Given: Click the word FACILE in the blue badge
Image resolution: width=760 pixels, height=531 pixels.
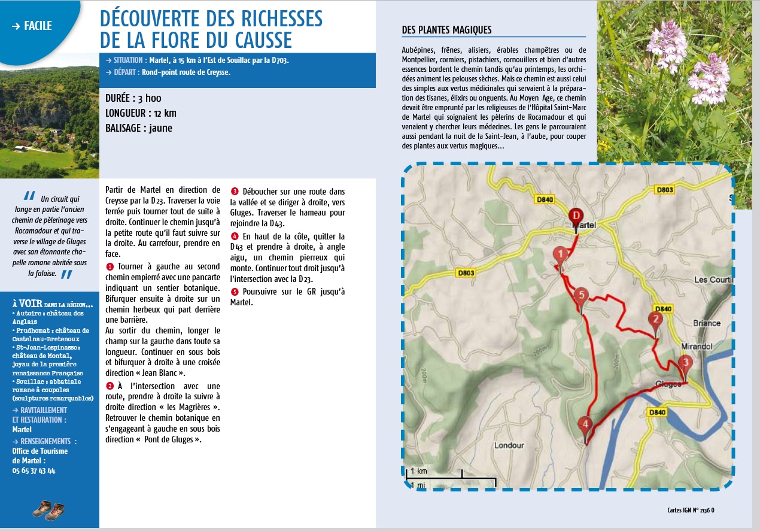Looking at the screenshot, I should click(39, 26).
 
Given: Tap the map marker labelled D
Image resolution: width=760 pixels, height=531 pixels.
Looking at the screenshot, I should click(576, 216).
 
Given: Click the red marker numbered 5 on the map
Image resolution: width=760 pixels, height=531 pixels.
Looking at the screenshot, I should click(580, 296).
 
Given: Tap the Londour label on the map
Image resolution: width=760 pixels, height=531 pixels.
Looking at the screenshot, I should click(509, 445).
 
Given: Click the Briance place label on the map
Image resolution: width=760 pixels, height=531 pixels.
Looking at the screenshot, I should click(706, 323).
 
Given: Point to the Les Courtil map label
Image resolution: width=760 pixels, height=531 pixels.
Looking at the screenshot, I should click(713, 280).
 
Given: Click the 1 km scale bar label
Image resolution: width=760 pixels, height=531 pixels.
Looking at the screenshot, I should click(418, 471).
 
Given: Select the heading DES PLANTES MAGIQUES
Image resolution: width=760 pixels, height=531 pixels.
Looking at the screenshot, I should click(446, 30).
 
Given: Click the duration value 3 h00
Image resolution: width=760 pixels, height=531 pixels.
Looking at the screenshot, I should click(150, 98).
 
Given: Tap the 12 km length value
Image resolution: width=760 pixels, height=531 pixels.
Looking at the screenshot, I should click(163, 113).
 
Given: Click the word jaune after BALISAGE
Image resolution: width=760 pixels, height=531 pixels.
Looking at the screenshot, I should click(160, 128).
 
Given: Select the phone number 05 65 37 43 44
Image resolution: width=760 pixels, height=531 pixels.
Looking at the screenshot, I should click(34, 471).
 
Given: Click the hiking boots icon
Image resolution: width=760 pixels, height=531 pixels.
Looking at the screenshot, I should click(48, 509).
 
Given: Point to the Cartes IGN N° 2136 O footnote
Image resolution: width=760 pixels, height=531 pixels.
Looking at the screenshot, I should click(691, 511).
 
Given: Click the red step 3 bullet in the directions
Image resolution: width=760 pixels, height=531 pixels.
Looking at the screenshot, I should click(235, 192).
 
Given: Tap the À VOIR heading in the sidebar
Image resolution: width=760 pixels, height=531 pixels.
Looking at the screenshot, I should click(28, 304).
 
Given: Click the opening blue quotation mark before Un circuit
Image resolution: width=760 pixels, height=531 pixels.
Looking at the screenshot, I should click(29, 196).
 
